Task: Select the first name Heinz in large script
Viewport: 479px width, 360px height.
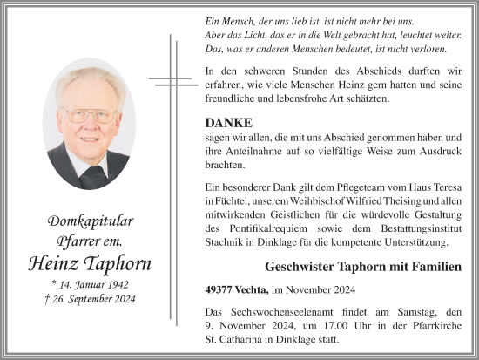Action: (51, 263)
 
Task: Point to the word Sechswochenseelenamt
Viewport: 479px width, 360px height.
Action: (275, 311)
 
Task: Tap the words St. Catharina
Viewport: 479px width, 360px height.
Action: (233, 340)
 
